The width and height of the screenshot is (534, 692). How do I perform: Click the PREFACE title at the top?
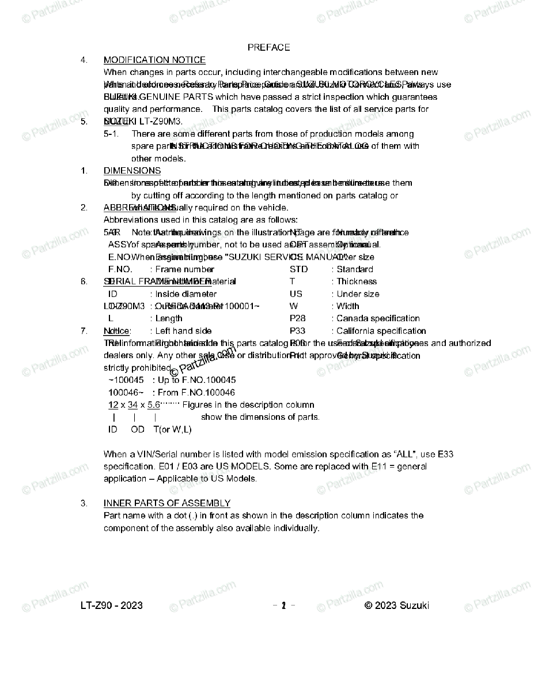coord(268,47)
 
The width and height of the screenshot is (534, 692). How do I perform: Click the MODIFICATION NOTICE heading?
coord(154,60)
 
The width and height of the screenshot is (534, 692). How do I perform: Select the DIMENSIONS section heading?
coord(132,171)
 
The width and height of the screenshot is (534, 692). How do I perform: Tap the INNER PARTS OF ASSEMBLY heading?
coord(166,503)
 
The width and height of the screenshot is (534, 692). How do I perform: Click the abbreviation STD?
coord(298,269)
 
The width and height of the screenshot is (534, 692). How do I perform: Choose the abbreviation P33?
coord(297,331)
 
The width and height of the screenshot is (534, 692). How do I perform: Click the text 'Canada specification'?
coord(378,318)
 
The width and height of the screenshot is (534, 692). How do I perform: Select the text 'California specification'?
coord(381,331)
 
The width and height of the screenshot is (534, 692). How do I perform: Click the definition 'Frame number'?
coord(184,269)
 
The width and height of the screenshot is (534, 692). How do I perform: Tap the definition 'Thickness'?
coord(357,281)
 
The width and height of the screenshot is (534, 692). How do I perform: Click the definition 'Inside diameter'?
coord(186,294)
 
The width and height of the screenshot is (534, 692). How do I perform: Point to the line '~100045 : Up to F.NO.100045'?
coord(172,380)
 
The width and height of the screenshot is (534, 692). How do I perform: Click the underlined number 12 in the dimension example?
coord(113,405)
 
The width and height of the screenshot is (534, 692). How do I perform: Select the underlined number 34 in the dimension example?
coord(132,405)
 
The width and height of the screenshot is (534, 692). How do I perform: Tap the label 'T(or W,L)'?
coord(172,430)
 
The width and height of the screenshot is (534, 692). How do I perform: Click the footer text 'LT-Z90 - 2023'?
coord(112,605)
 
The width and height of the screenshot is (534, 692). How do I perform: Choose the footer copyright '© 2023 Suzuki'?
coord(397,605)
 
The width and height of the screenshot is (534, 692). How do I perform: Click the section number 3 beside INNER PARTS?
coord(84,503)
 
